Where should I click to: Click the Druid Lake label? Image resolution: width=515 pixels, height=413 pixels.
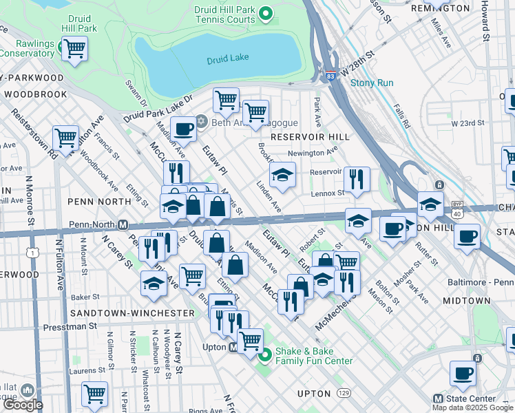[228, 60]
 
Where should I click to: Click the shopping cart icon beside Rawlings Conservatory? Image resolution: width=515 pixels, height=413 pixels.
[74, 49]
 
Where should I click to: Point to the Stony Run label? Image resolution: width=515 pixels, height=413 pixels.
[372, 83]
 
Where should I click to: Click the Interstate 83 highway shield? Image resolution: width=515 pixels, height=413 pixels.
[331, 72]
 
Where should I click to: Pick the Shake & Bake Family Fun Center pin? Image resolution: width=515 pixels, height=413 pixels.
[265, 355]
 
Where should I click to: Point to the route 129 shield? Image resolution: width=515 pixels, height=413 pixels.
[343, 394]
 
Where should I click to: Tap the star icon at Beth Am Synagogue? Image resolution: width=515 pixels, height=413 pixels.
[201, 121]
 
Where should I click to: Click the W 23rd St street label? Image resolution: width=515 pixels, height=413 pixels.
[468, 123]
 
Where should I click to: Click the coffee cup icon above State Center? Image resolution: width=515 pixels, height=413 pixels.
[462, 372]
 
